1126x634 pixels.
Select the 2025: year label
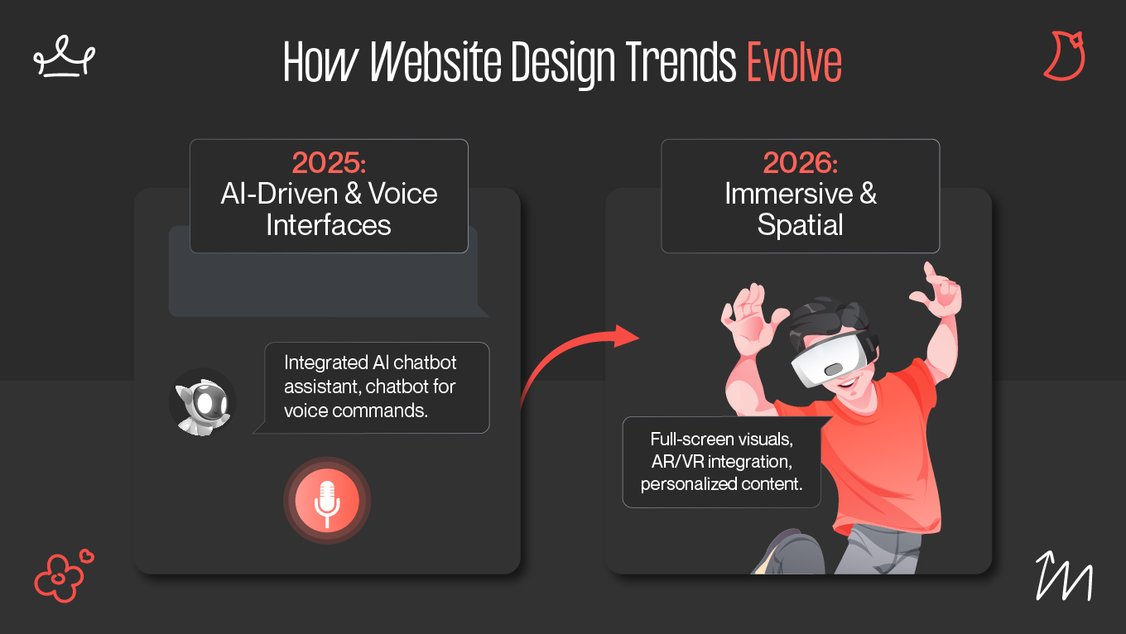329,163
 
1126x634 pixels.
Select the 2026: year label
800,163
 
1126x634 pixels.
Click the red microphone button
327,501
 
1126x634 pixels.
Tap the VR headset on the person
832,356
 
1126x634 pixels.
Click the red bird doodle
1064,55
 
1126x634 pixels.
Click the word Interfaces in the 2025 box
329,224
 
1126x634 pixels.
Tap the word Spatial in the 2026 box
800,224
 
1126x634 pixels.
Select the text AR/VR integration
721,461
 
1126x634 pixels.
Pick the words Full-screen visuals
721,439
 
